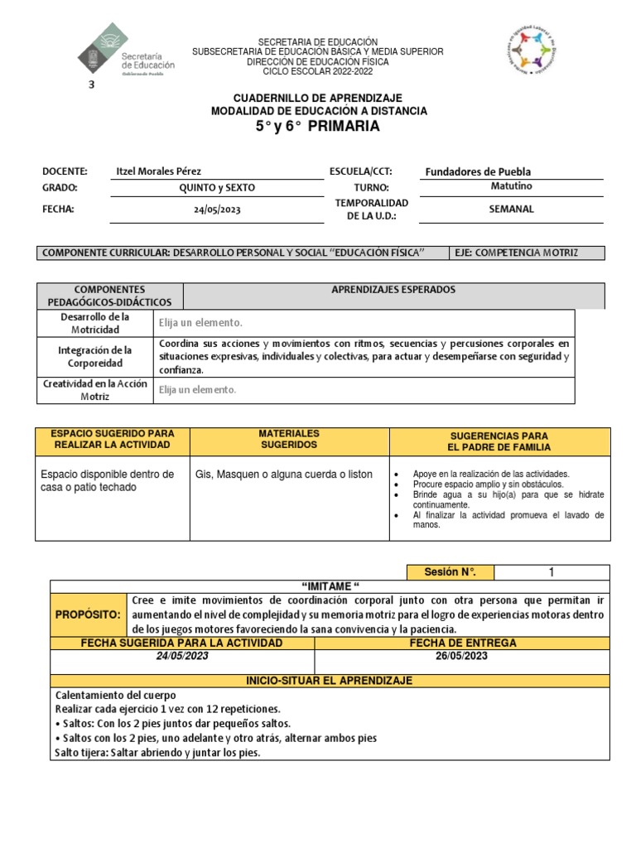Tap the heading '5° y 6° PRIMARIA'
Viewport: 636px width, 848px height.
319,127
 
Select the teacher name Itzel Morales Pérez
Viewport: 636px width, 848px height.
158,171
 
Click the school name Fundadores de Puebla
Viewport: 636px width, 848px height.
478,172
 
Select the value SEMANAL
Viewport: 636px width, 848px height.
511,210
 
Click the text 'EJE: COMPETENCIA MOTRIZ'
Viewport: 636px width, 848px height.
516,253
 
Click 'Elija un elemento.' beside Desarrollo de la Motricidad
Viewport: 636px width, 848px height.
200,323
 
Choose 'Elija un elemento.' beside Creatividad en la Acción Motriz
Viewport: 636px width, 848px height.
198,389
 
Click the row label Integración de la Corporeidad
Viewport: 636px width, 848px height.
95,357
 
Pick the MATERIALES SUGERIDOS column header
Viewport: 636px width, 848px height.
288,439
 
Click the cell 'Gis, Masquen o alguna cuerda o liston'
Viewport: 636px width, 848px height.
284,475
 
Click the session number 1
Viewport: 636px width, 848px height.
551,572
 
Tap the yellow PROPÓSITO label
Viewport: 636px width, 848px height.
88,615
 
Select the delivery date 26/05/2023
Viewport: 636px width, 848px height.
462,657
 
